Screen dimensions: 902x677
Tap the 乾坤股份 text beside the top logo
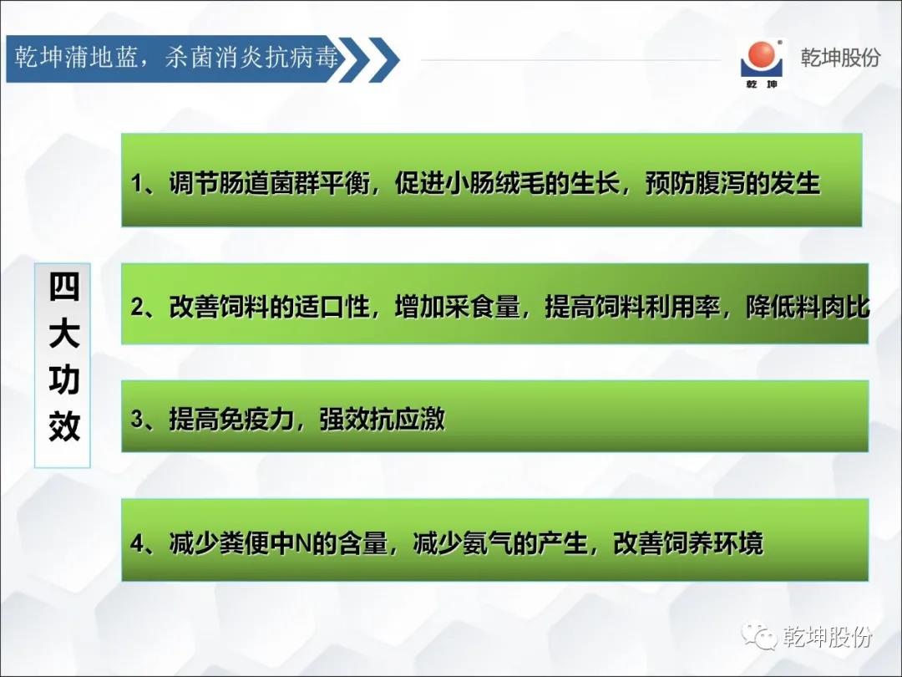pyautogui.click(x=840, y=58)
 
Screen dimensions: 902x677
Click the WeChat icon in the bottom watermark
pyautogui.click(x=758, y=635)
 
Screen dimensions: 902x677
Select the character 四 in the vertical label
pyautogui.click(x=63, y=287)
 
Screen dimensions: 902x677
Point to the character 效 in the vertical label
pyautogui.click(x=63, y=426)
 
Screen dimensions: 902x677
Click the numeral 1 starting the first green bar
pyautogui.click(x=137, y=184)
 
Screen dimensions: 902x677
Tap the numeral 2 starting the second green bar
pyautogui.click(x=137, y=306)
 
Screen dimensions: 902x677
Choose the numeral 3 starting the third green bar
pyautogui.click(x=137, y=419)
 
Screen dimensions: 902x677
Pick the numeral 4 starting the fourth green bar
pyautogui.click(x=137, y=543)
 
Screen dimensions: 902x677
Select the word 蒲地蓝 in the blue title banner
pyautogui.click(x=100, y=58)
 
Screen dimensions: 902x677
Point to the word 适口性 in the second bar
pyautogui.click(x=332, y=306)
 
